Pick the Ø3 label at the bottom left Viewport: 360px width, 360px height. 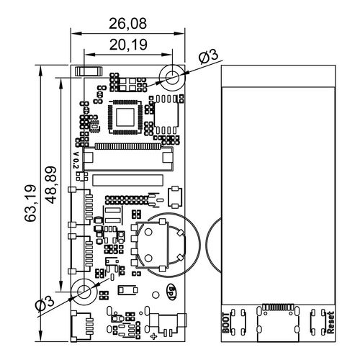[45, 305]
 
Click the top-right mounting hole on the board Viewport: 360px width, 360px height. [173, 76]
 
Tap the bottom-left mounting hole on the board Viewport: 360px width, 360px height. [84, 292]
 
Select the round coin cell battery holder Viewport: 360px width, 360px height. [162, 245]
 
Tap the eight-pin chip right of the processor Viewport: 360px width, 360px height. [168, 115]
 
